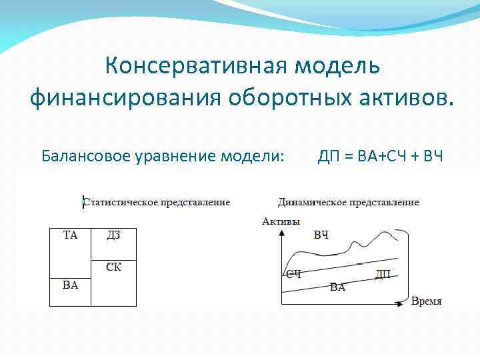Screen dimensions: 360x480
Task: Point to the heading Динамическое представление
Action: [x=348, y=201]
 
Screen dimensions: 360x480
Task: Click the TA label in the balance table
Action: [x=70, y=235]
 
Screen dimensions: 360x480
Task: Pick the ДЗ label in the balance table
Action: [x=113, y=235]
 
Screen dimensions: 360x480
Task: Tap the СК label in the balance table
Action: [x=113, y=267]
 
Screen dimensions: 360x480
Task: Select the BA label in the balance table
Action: [x=70, y=285]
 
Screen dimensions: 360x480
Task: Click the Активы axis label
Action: [x=281, y=221]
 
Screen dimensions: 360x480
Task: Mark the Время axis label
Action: [x=426, y=301]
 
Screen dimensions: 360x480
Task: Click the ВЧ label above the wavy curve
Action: [x=321, y=235]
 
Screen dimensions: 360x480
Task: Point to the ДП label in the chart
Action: [x=383, y=274]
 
